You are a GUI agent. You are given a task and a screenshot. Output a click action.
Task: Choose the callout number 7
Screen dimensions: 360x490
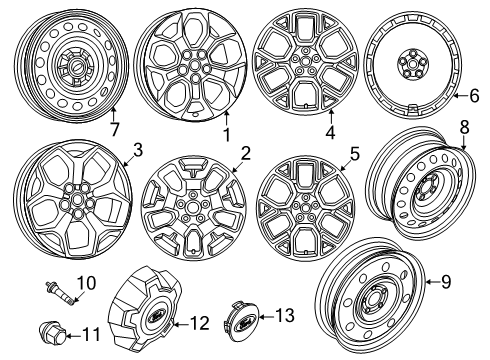coord(115,131)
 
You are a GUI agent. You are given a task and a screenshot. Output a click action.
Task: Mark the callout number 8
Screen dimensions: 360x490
coord(463,154)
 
